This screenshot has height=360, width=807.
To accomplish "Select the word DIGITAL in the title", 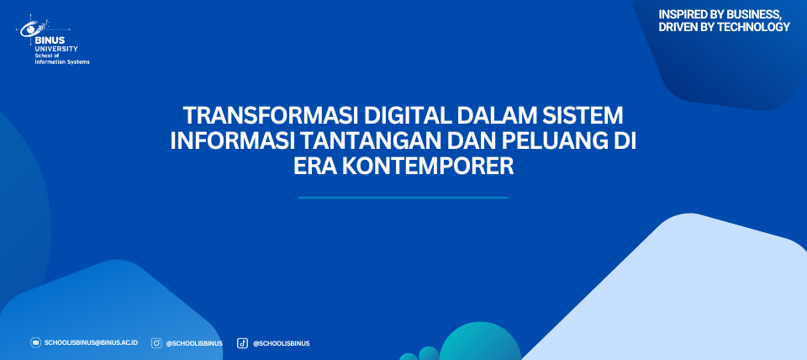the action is coord(409,116).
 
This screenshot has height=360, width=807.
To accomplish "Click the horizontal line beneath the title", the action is coord(403,198).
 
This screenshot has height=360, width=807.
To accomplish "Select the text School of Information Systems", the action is coord(61,59).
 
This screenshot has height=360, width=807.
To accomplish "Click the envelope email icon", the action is coord(35,342).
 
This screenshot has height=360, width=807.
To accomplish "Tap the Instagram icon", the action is coord(156,343).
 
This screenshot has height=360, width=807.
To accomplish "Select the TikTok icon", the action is coord(242,343).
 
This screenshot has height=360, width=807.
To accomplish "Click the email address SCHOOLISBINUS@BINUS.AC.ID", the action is coord(91,342).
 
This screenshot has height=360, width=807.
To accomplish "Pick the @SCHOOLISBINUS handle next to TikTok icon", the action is coord(281,343).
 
